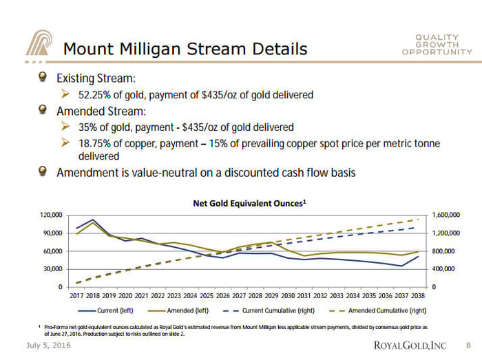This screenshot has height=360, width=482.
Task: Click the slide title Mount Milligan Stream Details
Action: click(185, 49)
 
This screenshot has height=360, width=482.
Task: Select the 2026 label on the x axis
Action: click(223, 295)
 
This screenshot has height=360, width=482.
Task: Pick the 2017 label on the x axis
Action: click(76, 295)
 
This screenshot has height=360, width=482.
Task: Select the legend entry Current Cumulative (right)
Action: click(279, 310)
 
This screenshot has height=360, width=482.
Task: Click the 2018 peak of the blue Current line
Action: click(92, 220)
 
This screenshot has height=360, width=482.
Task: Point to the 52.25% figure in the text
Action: click(96, 95)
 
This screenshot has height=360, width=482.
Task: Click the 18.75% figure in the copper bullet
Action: click(96, 143)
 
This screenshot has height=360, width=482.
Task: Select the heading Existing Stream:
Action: click(96, 79)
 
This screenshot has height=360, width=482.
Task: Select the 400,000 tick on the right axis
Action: click(446, 269)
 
